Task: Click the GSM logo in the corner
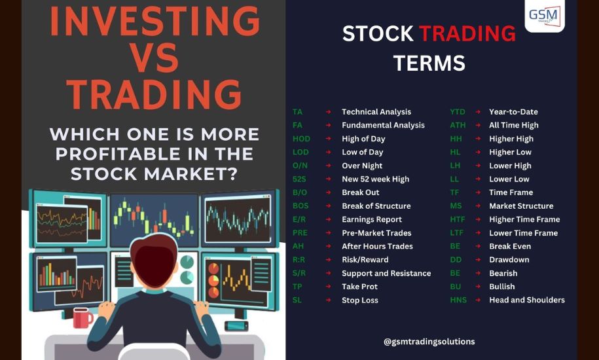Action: coord(545,16)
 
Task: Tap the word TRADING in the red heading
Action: coord(467,33)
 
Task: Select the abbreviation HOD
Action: coord(301,139)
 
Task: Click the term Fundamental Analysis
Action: coord(383,125)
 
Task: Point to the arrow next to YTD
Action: coord(478,112)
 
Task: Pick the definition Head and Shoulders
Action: coord(527,300)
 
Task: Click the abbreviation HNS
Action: coord(458,300)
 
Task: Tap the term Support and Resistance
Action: coord(386,274)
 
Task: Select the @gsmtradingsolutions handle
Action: coord(429,342)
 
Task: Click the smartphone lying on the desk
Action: coord(236,326)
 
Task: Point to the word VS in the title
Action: coord(154,58)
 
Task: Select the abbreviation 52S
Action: coord(300,179)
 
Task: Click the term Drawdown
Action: coord(509,260)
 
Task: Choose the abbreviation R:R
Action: coord(299,260)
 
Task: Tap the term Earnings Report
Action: coord(372,219)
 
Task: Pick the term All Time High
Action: coord(514,125)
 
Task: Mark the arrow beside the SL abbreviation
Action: coord(328,300)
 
